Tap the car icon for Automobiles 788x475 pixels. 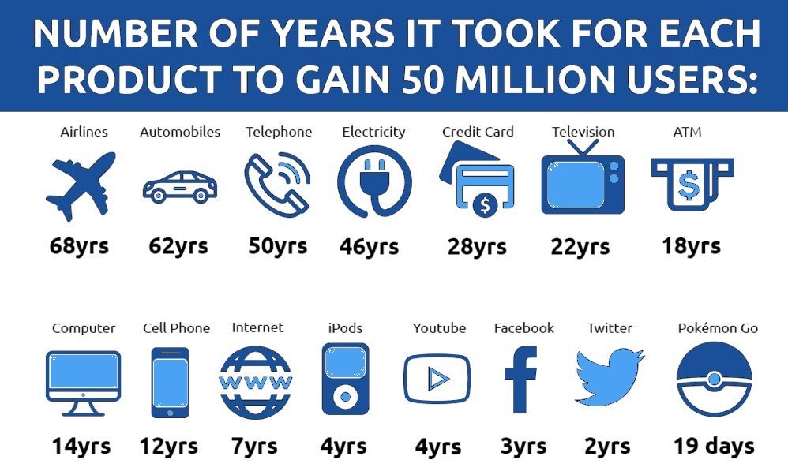179,186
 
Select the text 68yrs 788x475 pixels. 79,246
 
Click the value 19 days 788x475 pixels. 714,446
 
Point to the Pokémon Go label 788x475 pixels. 718,328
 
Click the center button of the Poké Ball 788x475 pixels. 715,380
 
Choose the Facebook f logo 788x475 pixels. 520,380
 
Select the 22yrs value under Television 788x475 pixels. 580,247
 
